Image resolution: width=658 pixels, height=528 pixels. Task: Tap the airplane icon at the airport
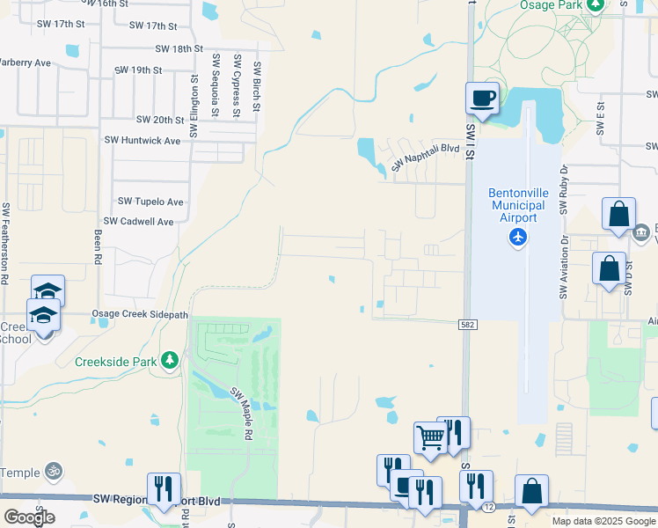pos(517,237)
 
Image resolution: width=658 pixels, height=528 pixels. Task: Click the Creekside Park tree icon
pos(170,360)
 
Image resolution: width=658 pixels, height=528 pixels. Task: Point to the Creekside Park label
pos(116,361)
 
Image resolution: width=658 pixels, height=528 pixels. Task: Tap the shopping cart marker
pos(430,436)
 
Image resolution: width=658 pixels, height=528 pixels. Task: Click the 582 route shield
pos(468,325)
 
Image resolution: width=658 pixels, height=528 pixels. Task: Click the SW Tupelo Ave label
pos(150,202)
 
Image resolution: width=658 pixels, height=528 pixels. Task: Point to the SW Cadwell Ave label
pos(138,222)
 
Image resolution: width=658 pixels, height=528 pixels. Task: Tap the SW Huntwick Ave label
pos(142,140)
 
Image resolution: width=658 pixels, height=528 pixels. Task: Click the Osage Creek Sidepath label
pos(141,314)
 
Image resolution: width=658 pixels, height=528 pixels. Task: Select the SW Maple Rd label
pos(241,414)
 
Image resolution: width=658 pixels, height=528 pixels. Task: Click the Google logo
pos(29,517)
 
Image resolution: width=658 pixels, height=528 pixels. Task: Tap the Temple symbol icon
pos(54,473)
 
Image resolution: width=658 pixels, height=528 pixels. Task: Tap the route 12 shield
pos(487,507)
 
